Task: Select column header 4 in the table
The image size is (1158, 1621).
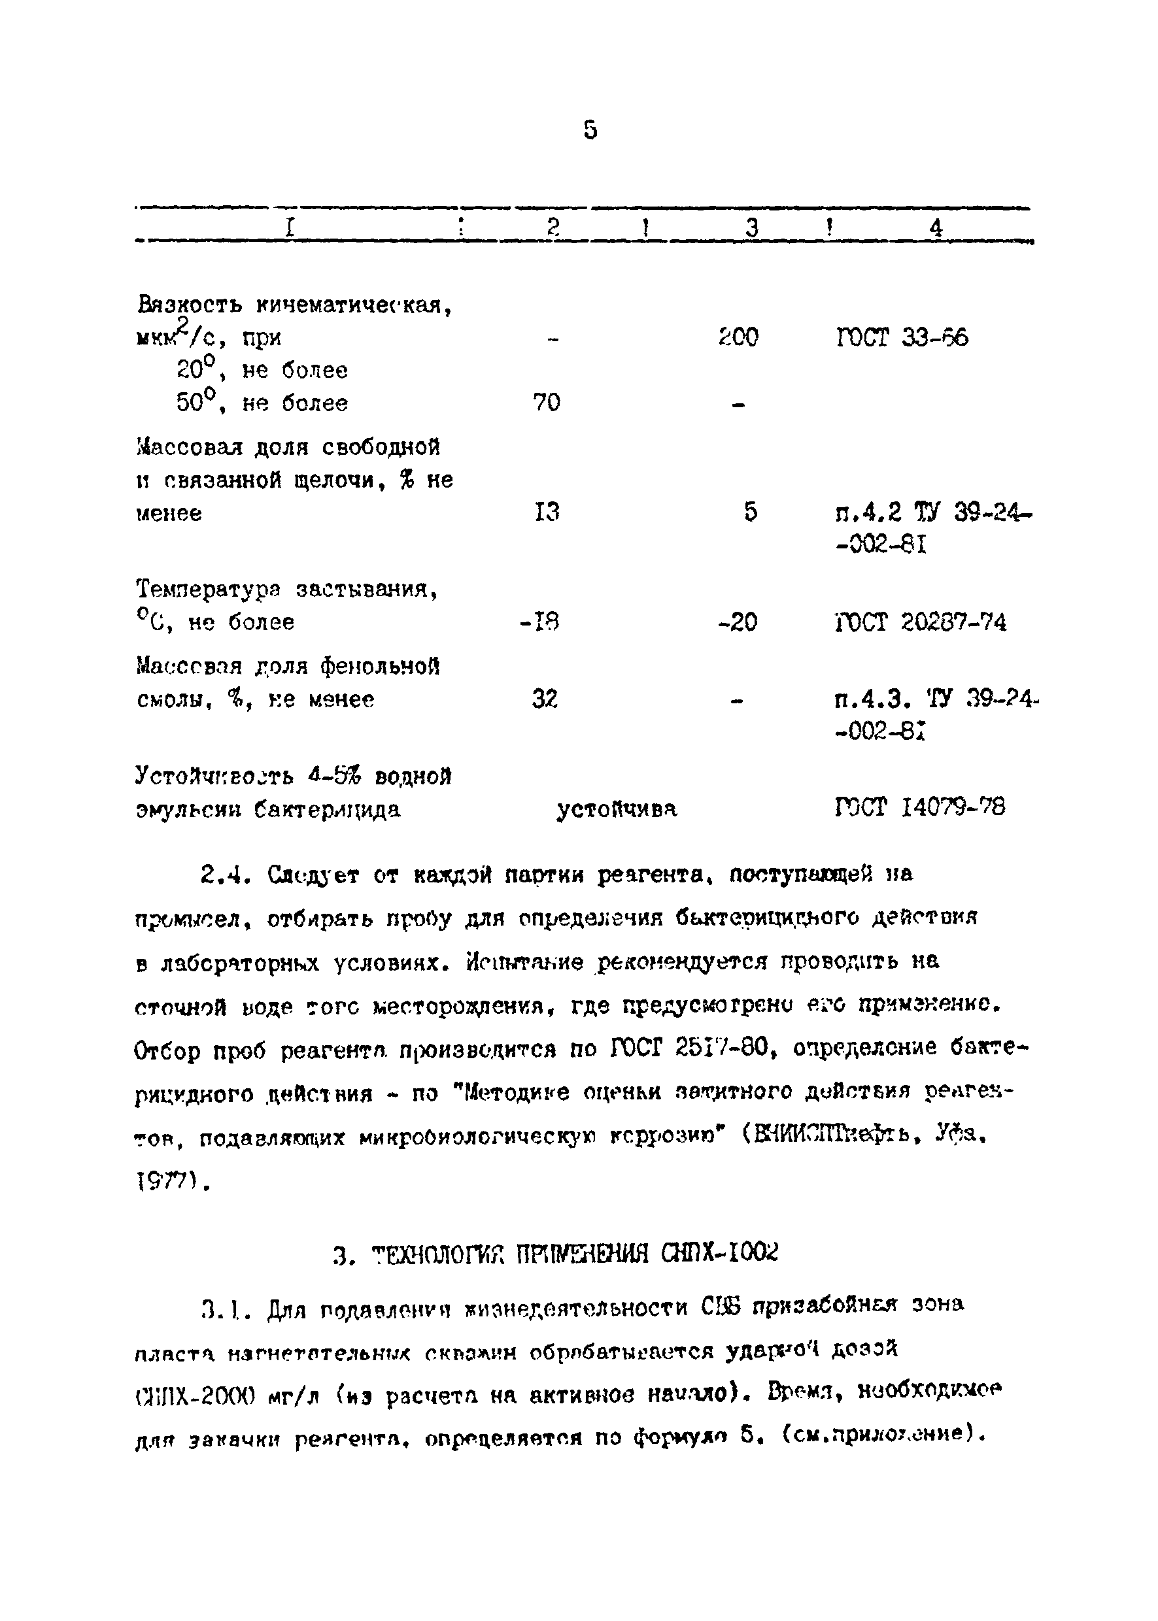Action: tap(936, 228)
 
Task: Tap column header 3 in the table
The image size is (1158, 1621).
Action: tap(751, 228)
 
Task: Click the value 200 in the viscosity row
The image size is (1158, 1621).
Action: tap(738, 337)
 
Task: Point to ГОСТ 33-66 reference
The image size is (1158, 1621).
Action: tap(902, 337)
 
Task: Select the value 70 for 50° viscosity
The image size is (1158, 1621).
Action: tap(546, 403)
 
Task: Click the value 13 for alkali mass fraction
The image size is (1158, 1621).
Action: tap(546, 512)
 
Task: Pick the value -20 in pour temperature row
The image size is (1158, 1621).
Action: tap(738, 623)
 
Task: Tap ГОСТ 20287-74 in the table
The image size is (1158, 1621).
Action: tap(920, 623)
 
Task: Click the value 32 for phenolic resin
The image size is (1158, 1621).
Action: tap(545, 699)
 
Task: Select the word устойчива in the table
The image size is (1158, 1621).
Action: tap(616, 809)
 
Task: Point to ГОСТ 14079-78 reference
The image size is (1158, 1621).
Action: tap(920, 808)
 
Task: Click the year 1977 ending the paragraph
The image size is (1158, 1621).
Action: tap(165, 1183)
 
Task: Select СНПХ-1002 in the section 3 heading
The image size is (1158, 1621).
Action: tap(720, 1252)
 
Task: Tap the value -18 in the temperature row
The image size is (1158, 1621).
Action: tap(540, 623)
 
